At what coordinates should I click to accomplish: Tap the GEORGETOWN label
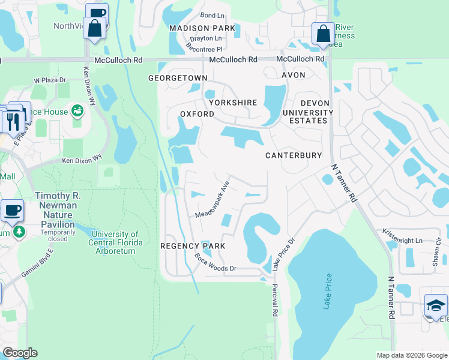pyautogui.click(x=178, y=78)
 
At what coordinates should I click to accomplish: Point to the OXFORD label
pyautogui.click(x=197, y=113)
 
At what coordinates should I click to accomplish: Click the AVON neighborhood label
pyautogui.click(x=294, y=75)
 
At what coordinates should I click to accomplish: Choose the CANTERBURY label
pyautogui.click(x=294, y=155)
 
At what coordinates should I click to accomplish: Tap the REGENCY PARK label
pyautogui.click(x=193, y=246)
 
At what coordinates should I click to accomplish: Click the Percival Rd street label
pyautogui.click(x=275, y=300)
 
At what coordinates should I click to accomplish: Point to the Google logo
pyautogui.click(x=19, y=353)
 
